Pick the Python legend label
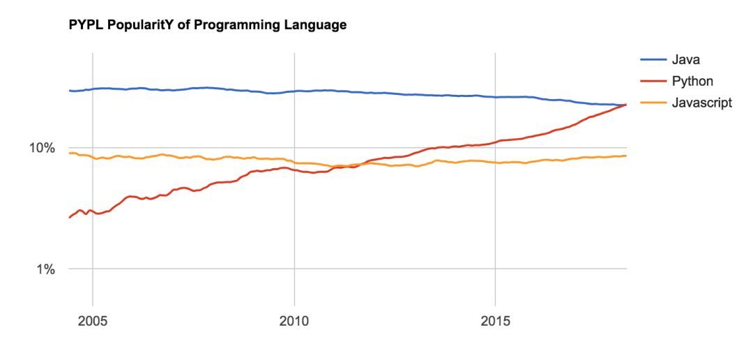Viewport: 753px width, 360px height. click(692, 82)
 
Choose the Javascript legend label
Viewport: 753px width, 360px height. click(701, 103)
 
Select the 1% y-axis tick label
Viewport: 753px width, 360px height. click(46, 269)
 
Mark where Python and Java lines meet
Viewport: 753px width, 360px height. click(625, 105)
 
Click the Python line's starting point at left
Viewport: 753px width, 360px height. click(70, 218)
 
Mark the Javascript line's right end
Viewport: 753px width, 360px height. click(626, 156)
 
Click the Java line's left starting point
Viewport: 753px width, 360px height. click(70, 91)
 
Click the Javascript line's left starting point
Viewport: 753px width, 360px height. click(70, 153)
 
